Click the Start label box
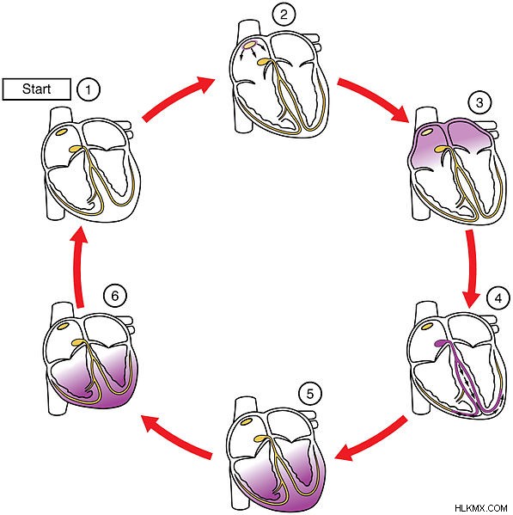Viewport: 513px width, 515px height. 36,89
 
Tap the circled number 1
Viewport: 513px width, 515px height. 88,89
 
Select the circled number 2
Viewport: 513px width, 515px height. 284,15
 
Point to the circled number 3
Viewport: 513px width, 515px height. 479,102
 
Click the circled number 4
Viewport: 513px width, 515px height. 498,298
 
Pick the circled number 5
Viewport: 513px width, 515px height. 310,394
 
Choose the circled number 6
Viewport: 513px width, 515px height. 115,296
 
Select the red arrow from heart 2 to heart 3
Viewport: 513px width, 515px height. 374,99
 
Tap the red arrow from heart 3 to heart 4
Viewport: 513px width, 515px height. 471,268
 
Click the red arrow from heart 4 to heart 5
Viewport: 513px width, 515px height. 371,439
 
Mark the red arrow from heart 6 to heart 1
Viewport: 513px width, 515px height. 80,267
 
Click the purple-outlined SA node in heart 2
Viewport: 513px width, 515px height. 250,44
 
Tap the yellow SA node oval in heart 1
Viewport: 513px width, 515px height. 62,131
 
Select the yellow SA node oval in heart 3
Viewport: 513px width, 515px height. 427,132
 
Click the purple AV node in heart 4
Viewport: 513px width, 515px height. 441,344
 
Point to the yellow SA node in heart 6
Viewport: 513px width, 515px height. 64,326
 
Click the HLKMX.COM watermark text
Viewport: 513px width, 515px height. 481,508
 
